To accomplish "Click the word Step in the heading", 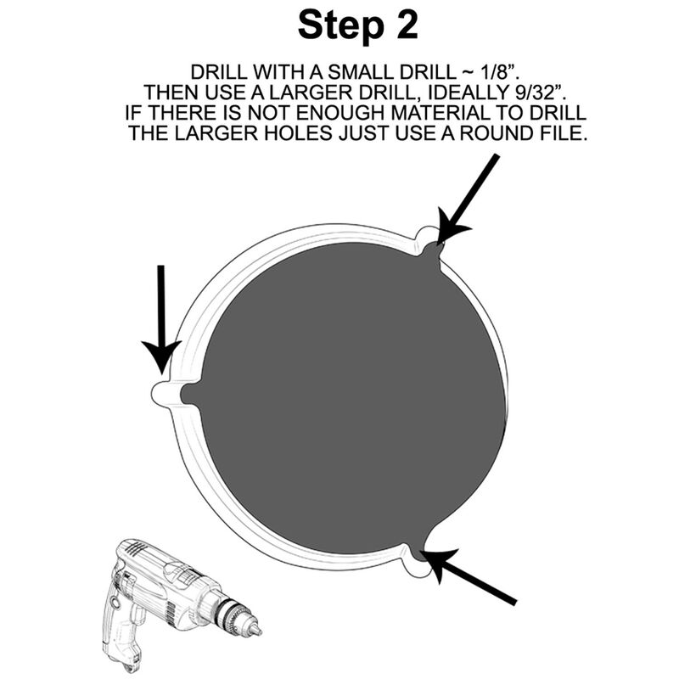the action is pyautogui.click(x=340, y=26).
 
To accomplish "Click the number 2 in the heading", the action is pyautogui.click(x=407, y=25).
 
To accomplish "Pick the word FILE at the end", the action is pyautogui.click(x=563, y=133).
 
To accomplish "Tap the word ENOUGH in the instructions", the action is pyautogui.click(x=341, y=113).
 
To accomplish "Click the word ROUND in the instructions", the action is pyautogui.click(x=495, y=133).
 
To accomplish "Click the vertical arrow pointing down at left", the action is pyautogui.click(x=161, y=320).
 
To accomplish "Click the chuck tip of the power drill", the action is pyautogui.click(x=259, y=630).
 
